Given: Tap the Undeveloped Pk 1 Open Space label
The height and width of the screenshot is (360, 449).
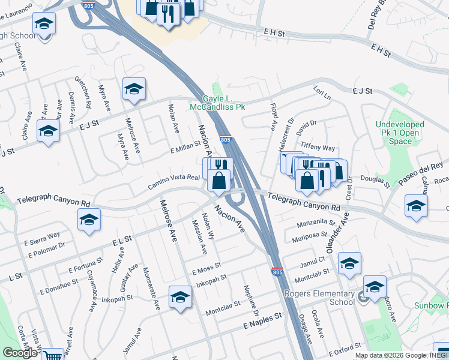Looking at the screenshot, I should [x=400, y=133].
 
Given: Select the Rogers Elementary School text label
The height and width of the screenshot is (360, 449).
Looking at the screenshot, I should [x=319, y=298].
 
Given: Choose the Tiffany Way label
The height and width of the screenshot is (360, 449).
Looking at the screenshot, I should [x=318, y=148].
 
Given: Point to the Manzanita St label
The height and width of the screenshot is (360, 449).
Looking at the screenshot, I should [x=315, y=224].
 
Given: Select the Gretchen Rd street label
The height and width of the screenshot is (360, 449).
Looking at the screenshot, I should [x=83, y=91].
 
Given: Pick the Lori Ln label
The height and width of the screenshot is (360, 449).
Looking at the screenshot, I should [x=322, y=92].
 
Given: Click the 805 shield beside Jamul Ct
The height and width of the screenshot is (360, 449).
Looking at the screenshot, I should [x=277, y=271].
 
